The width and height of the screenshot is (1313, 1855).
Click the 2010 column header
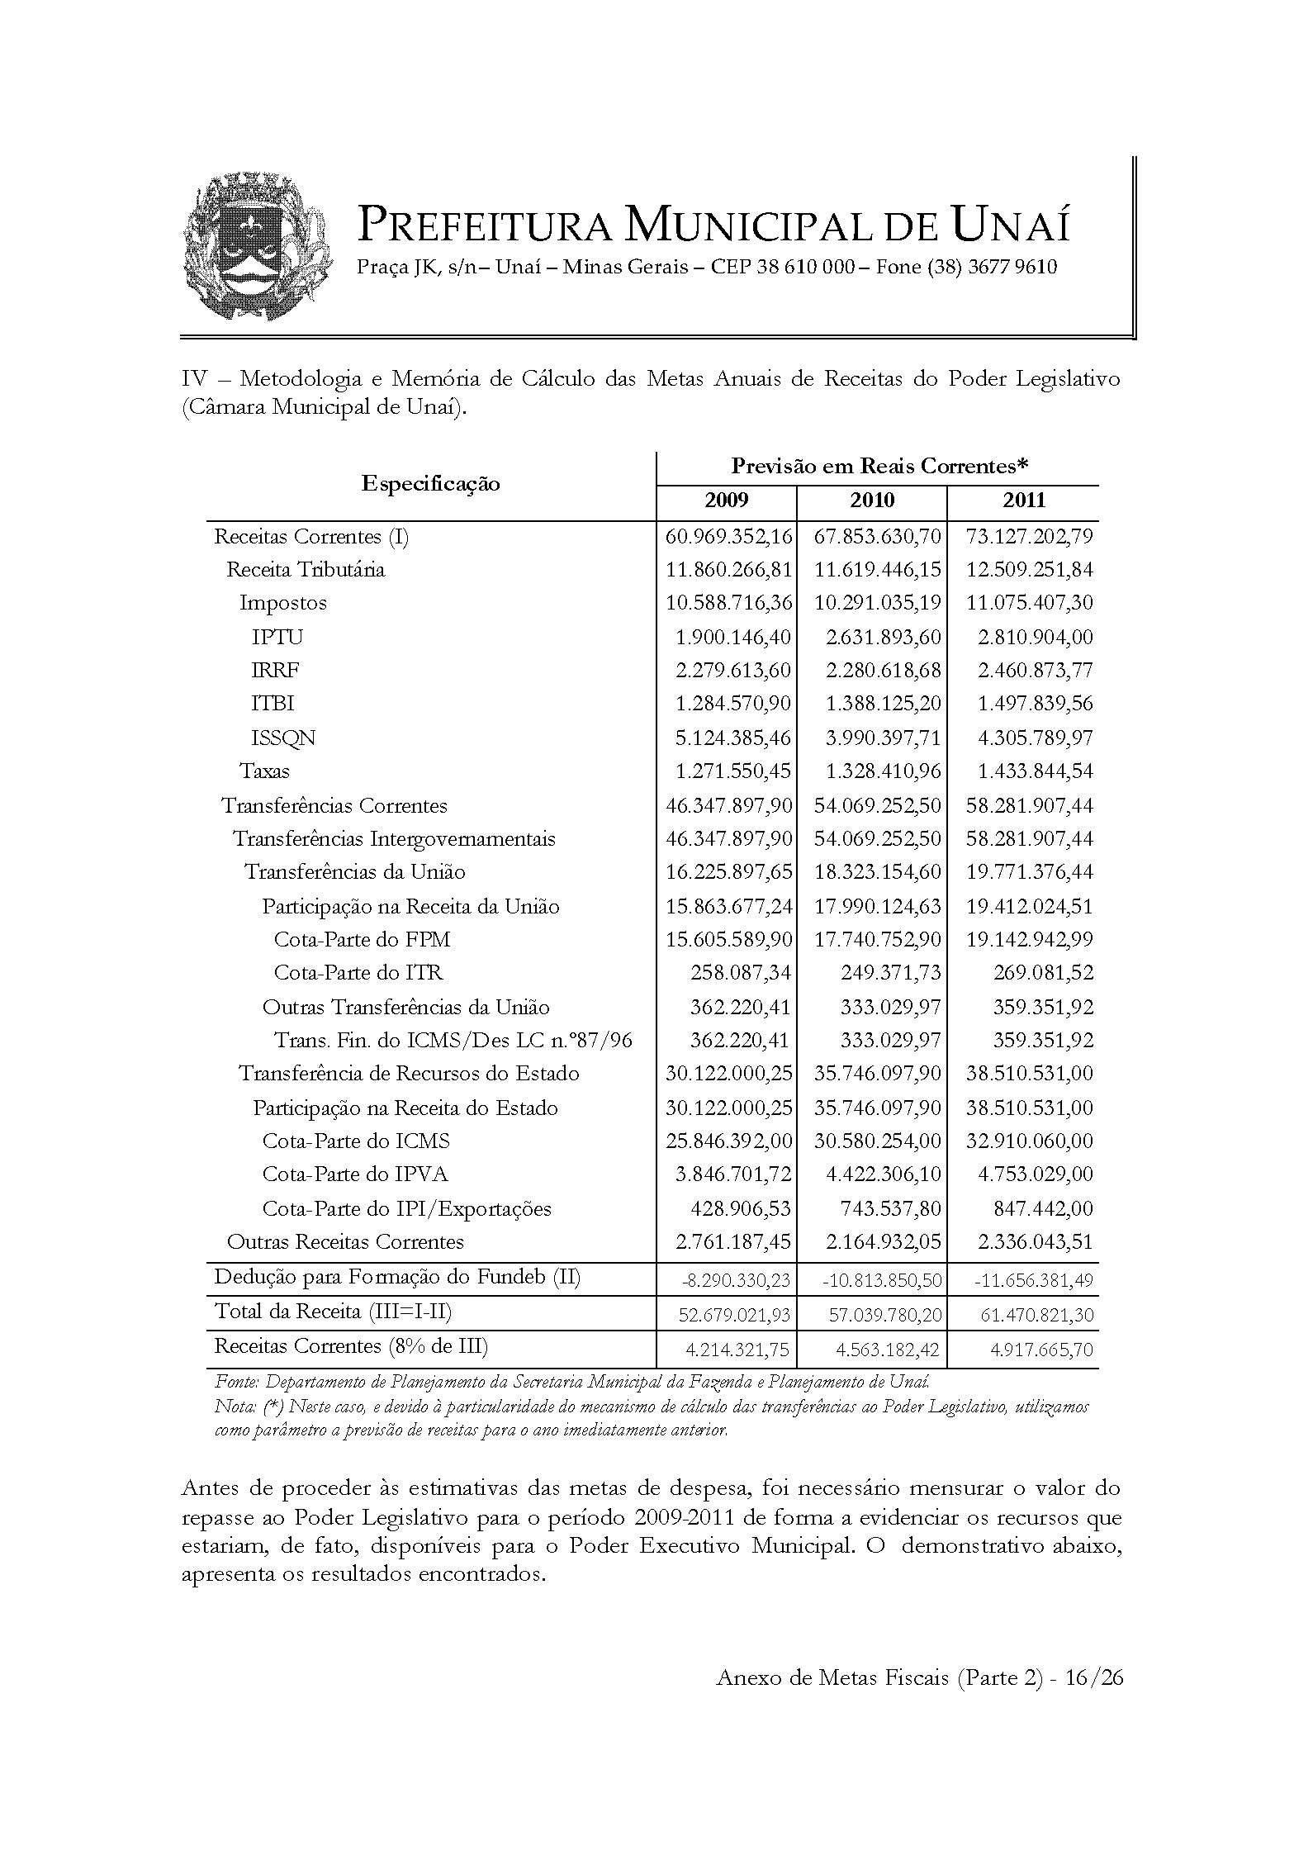[872, 500]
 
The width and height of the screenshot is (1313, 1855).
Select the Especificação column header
[430, 483]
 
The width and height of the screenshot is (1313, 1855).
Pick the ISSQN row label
[283, 738]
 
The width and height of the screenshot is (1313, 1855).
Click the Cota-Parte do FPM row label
[362, 939]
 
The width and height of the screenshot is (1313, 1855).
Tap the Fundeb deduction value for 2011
[1034, 1280]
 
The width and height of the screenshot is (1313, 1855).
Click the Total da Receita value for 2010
[884, 1314]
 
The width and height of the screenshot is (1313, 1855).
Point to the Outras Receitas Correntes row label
[345, 1241]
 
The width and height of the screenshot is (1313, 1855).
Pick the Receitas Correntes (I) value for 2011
[1029, 537]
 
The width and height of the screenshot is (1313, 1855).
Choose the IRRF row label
[275, 670]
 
